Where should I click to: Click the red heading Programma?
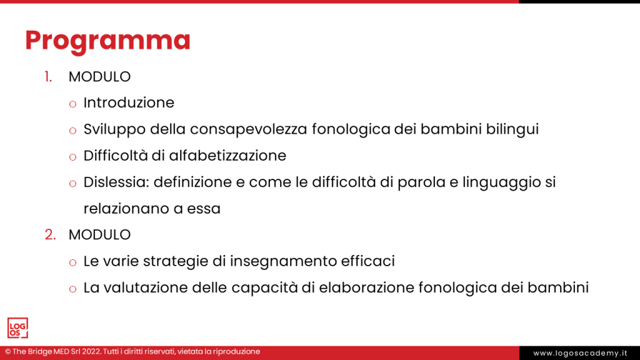[x=107, y=40]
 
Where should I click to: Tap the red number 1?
[x=48, y=77]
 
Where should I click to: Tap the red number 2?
[x=50, y=235]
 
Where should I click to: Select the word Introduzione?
[x=129, y=102]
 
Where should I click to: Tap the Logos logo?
[x=17, y=328]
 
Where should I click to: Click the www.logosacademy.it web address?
[x=580, y=353]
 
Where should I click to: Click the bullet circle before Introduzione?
[x=73, y=103]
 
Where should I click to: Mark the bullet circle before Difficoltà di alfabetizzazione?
[x=73, y=156]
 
